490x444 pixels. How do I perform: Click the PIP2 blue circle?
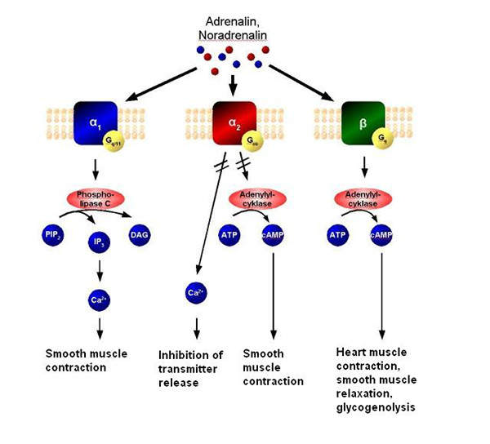pyautogui.click(x=49, y=237)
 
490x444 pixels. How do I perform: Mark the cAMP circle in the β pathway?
pyautogui.click(x=381, y=237)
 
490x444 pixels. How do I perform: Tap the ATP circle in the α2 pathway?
pyautogui.click(x=229, y=237)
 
